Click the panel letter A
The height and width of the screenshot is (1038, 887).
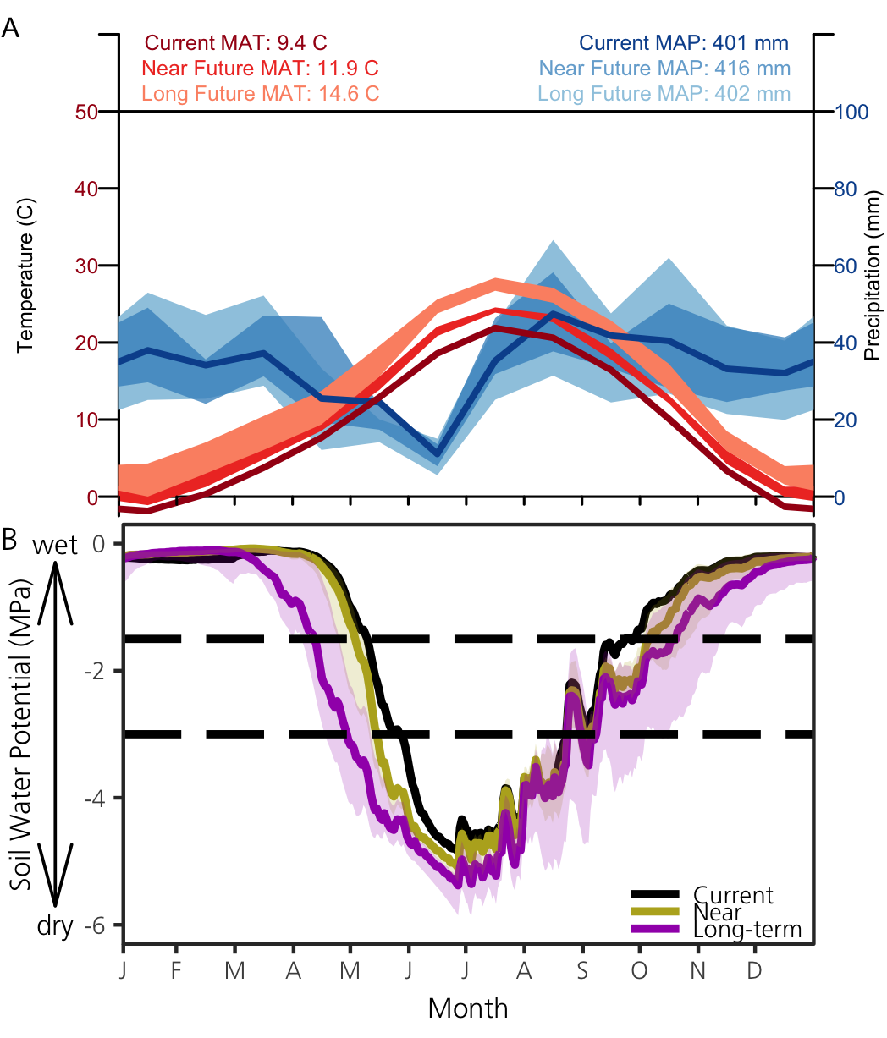12,28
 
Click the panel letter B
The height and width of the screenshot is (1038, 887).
11,539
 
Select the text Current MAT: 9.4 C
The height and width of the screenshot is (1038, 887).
236,42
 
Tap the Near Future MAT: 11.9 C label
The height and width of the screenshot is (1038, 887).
261,68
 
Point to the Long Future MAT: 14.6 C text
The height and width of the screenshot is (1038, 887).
261,93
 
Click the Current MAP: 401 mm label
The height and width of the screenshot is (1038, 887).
684,42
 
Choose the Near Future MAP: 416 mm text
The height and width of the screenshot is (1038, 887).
664,68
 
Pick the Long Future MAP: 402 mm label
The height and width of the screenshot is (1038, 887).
664,93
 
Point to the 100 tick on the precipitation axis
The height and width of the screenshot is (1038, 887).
852,112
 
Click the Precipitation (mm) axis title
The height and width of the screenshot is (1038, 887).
873,293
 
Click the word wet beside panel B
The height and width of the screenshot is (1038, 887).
55,546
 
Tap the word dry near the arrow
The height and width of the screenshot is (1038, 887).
55,926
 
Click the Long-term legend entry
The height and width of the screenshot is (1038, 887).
747,930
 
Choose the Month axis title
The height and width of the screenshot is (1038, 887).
468,1008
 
